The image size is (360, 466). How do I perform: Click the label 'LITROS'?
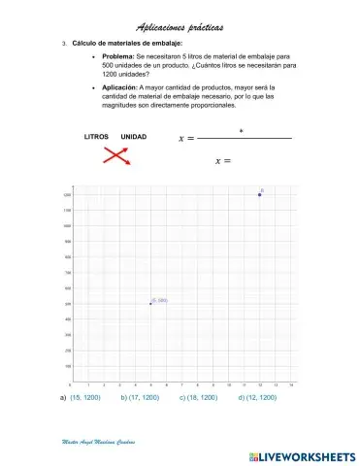tap(97, 137)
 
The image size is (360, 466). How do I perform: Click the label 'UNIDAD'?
tap(133, 137)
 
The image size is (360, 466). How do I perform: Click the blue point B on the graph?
tap(260, 195)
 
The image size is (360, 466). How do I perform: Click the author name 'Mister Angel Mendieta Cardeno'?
tap(97, 442)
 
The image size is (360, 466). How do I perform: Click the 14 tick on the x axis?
tap(291, 385)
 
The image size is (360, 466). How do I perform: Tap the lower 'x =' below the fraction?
tap(222, 160)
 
